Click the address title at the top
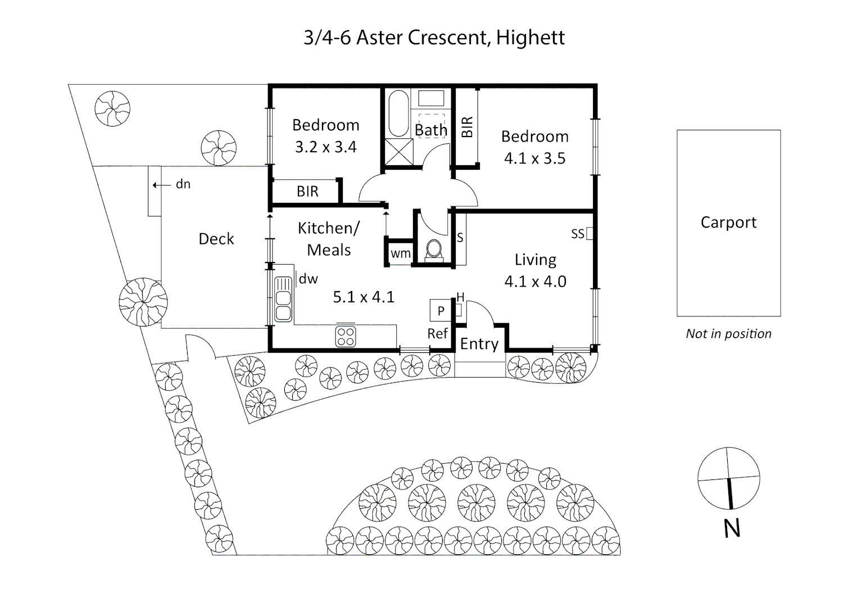pyautogui.click(x=434, y=38)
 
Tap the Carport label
pyautogui.click(x=728, y=223)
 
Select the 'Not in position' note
pyautogui.click(x=728, y=334)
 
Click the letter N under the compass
pyautogui.click(x=732, y=529)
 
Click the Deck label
pyautogui.click(x=216, y=239)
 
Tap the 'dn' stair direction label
pyautogui.click(x=183, y=184)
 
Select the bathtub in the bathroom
pyautogui.click(x=398, y=113)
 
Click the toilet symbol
pyautogui.click(x=434, y=251)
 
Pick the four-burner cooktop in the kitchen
pyautogui.click(x=345, y=336)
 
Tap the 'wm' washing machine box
pyautogui.click(x=401, y=253)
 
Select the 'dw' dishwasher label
pyautogui.click(x=308, y=279)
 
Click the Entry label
pyautogui.click(x=479, y=344)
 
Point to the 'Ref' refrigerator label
pyautogui.click(x=438, y=333)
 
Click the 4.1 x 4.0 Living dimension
pyautogui.click(x=535, y=282)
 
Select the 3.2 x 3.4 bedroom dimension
pyautogui.click(x=326, y=147)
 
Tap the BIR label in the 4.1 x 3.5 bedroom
pyautogui.click(x=467, y=127)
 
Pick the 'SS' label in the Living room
pyautogui.click(x=578, y=234)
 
